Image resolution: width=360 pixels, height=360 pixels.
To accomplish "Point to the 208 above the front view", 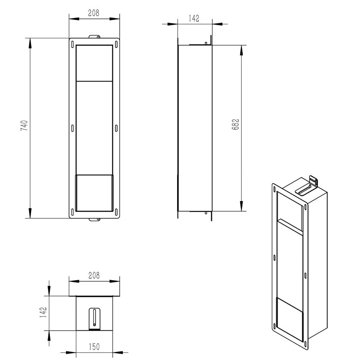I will pos(94,12).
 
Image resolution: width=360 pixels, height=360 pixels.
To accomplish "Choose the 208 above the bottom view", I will pos(94,276).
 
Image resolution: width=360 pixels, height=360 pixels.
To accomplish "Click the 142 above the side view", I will pos(193,18).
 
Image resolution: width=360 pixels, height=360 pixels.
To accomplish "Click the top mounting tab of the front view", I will pos(94,37).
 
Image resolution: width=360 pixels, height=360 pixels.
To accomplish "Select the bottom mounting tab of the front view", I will pos(94,219).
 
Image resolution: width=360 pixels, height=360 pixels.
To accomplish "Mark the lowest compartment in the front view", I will pos(94,193).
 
